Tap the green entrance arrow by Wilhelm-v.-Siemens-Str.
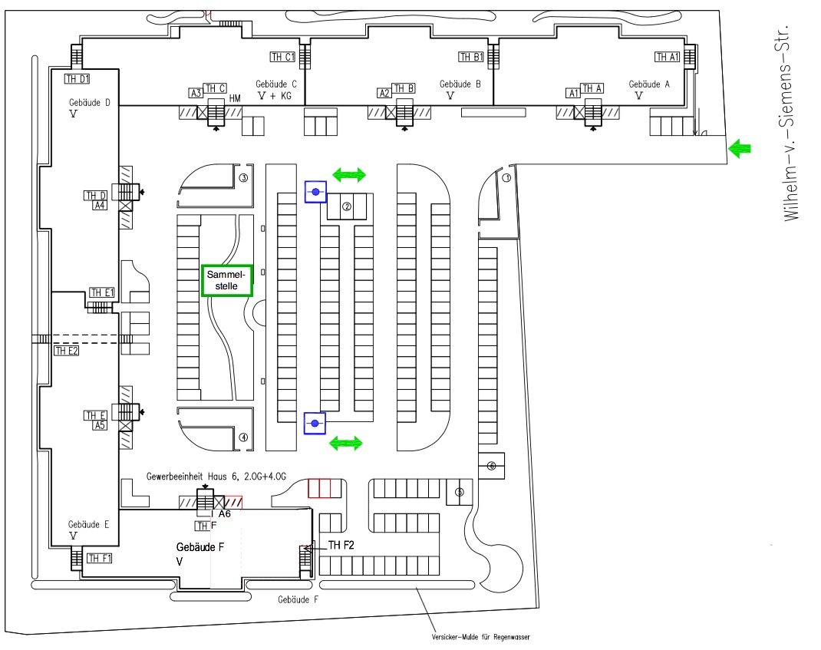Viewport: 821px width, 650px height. [739, 149]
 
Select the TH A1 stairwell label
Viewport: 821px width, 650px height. [667, 57]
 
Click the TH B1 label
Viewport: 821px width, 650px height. [470, 57]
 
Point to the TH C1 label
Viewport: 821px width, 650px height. [282, 57]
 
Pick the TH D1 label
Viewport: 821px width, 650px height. [77, 78]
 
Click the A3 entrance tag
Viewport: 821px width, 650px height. [196, 93]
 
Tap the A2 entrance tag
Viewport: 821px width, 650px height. [384, 93]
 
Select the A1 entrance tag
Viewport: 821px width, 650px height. [572, 93]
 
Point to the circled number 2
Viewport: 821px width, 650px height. [347, 206]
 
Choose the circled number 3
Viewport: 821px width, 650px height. [243, 178]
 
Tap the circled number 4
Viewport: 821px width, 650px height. [243, 437]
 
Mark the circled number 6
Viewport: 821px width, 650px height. [492, 465]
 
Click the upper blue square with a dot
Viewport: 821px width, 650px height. [315, 191]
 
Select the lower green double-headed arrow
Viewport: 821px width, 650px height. [345, 442]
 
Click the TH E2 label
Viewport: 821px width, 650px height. [67, 351]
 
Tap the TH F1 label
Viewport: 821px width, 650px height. [99, 558]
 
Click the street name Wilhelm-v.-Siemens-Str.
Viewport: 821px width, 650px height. [793, 122]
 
